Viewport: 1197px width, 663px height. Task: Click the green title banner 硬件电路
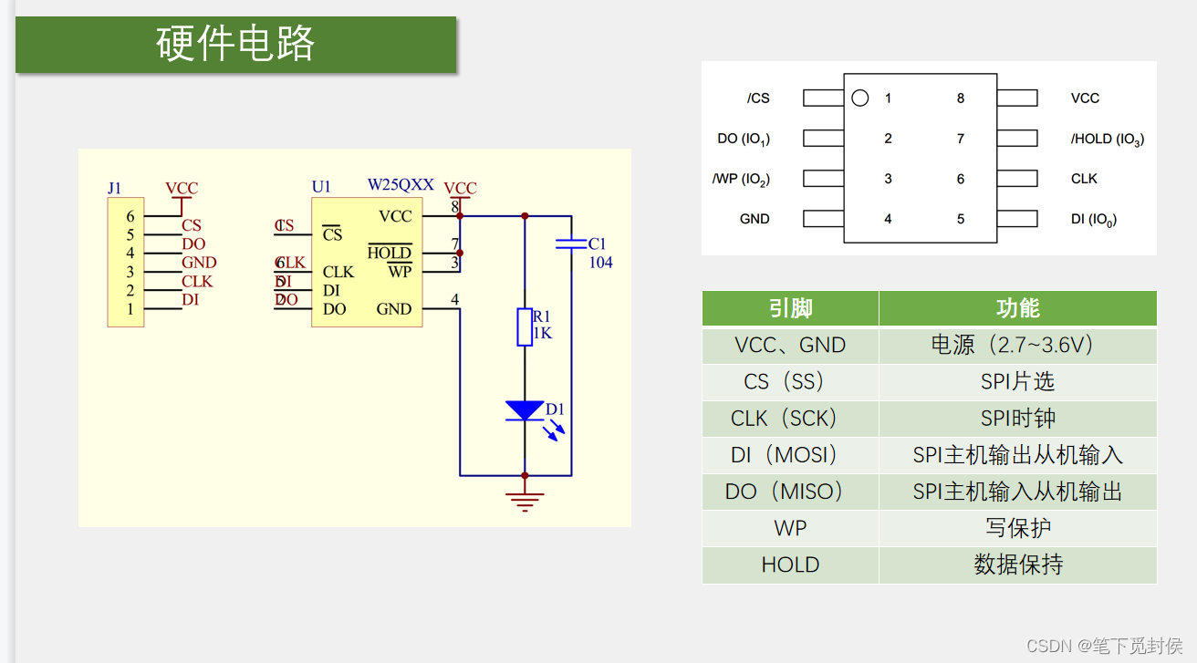(x=235, y=44)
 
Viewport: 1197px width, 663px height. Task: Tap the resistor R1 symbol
(x=525, y=327)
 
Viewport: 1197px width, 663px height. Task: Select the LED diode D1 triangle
(x=525, y=410)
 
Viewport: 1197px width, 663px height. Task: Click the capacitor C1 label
(x=597, y=243)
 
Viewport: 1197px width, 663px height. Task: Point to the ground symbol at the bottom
(x=525, y=501)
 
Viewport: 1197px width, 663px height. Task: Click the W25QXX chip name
(x=401, y=185)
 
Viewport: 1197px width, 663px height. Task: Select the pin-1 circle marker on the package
(x=859, y=98)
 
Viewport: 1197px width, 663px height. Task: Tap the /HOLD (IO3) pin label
(x=1107, y=139)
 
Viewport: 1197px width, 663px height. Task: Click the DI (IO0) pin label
(x=1093, y=219)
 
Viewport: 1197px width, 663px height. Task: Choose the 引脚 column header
(x=790, y=308)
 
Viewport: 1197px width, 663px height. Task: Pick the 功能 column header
(x=1017, y=308)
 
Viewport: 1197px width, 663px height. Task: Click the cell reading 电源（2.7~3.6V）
(x=1017, y=345)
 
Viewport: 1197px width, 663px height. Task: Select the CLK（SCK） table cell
(x=790, y=419)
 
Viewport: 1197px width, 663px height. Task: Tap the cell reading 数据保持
(x=1017, y=565)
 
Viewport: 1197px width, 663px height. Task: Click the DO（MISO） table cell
(x=790, y=492)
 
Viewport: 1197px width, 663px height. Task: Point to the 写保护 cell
(x=1017, y=528)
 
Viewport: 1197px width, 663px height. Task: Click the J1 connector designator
(x=114, y=188)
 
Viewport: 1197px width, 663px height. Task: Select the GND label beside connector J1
(x=199, y=263)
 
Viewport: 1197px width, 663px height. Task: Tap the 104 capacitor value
(x=600, y=263)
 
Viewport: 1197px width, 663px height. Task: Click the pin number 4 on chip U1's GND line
(x=454, y=299)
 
